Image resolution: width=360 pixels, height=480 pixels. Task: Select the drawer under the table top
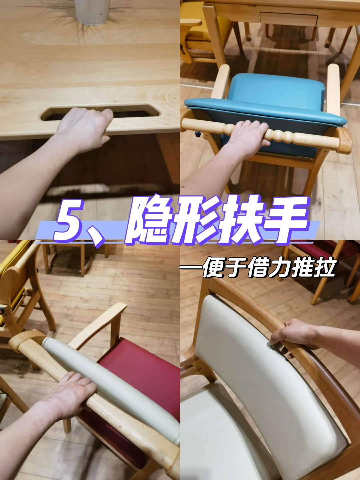tap(288, 18)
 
